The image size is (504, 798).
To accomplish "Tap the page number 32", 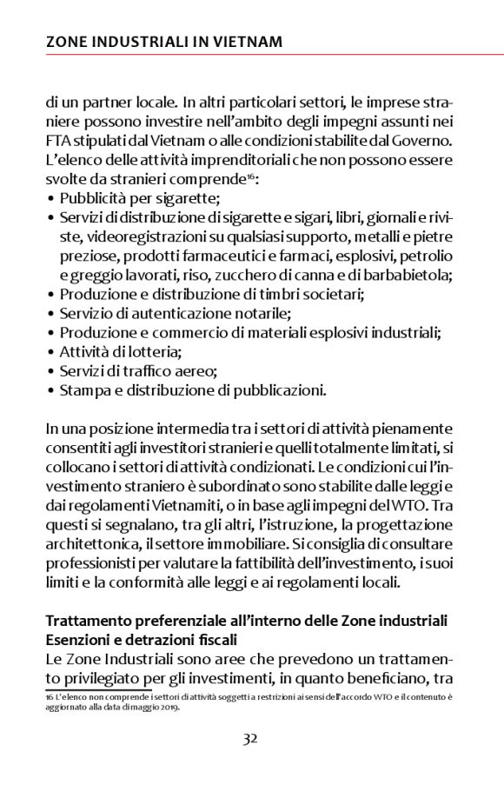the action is coord(250,739).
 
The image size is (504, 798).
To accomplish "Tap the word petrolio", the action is coord(425,256).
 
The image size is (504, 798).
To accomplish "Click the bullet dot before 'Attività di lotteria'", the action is coord(50,352).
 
